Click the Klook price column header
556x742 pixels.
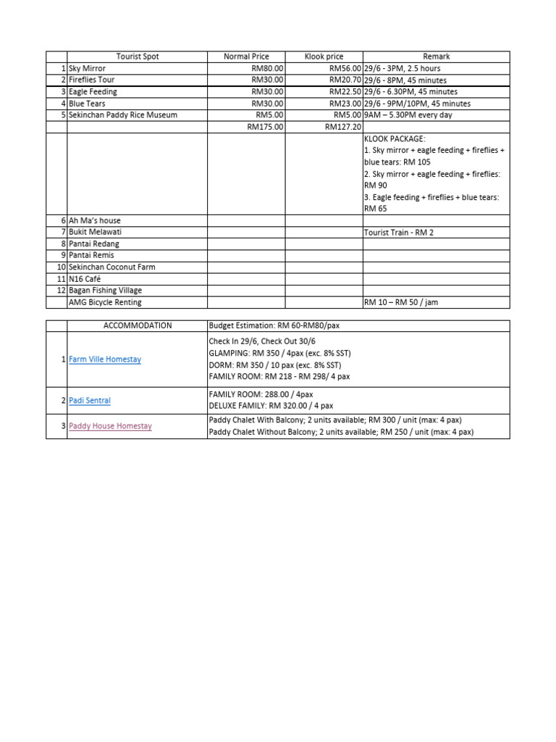pos(324,57)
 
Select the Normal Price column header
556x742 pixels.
pos(246,57)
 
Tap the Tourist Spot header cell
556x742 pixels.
pos(138,57)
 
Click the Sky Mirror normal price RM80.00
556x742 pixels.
pos(268,68)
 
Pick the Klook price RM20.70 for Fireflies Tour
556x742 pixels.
pos(345,80)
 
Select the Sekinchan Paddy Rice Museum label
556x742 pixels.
pos(122,115)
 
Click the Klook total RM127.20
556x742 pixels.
pos(342,127)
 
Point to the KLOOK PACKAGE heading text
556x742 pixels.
pos(395,138)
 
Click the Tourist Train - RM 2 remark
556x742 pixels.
pos(399,233)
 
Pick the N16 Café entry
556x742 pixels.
pos(85,279)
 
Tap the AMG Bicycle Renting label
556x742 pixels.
pos(105,302)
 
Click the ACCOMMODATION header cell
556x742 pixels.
pos(138,326)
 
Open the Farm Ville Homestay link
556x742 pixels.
pos(105,359)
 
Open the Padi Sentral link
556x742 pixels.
pos(90,400)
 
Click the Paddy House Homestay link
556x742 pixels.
pos(110,426)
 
